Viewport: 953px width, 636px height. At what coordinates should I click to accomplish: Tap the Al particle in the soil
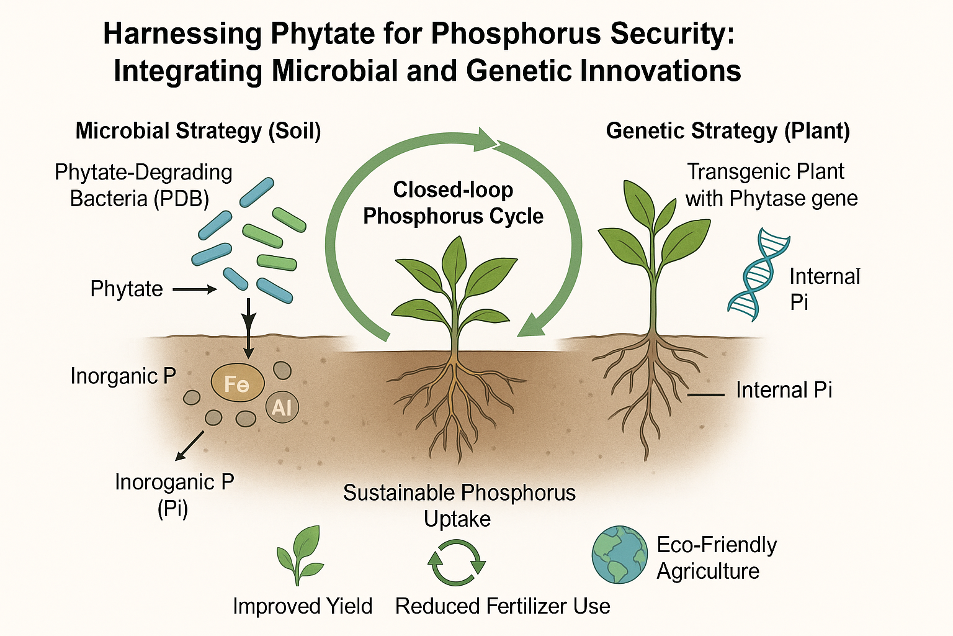coord(282,407)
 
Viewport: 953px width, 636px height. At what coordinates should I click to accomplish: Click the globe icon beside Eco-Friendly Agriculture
coord(619,555)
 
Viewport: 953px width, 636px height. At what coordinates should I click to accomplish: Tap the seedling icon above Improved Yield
coord(301,555)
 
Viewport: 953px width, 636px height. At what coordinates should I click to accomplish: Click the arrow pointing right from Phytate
coord(194,289)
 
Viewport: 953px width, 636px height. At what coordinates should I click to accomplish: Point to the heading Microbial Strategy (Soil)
coord(198,131)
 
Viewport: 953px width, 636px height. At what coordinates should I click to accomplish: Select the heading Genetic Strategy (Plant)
coord(727,131)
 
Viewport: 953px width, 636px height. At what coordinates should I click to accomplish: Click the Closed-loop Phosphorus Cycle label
coord(453,203)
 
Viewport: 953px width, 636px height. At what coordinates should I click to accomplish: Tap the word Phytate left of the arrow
coord(127,289)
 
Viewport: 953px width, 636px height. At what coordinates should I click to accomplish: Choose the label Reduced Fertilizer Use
coord(503,606)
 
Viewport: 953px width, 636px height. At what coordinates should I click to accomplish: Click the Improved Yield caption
coord(302,606)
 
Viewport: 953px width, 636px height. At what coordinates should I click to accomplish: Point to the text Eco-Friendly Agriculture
coord(716,558)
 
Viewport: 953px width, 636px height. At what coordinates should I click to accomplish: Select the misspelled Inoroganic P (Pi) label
coord(174,495)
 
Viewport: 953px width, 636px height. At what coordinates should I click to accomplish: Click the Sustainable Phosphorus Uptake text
coord(459,506)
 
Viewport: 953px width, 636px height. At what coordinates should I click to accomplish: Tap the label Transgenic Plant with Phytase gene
coord(771,185)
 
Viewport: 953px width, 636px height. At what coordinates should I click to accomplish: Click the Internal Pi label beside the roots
coord(784,390)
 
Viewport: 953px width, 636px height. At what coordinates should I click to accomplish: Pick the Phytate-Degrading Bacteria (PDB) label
coord(143,185)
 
